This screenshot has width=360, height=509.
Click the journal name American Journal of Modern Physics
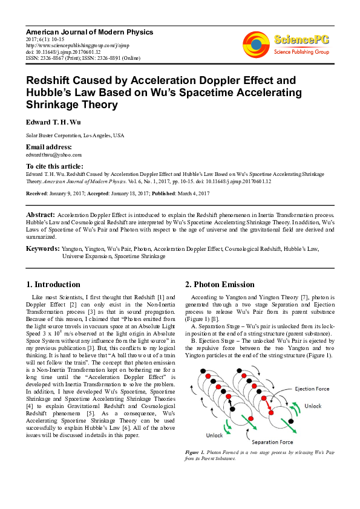89,31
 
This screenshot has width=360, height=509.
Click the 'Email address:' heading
48,147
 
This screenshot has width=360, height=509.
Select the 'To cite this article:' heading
54,166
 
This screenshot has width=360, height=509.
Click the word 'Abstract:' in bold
41,215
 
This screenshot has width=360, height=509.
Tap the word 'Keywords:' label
42,248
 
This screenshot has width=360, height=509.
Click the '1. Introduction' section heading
53,284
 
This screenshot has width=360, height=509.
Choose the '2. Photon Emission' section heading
220,284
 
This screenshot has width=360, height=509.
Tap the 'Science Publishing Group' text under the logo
300,52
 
